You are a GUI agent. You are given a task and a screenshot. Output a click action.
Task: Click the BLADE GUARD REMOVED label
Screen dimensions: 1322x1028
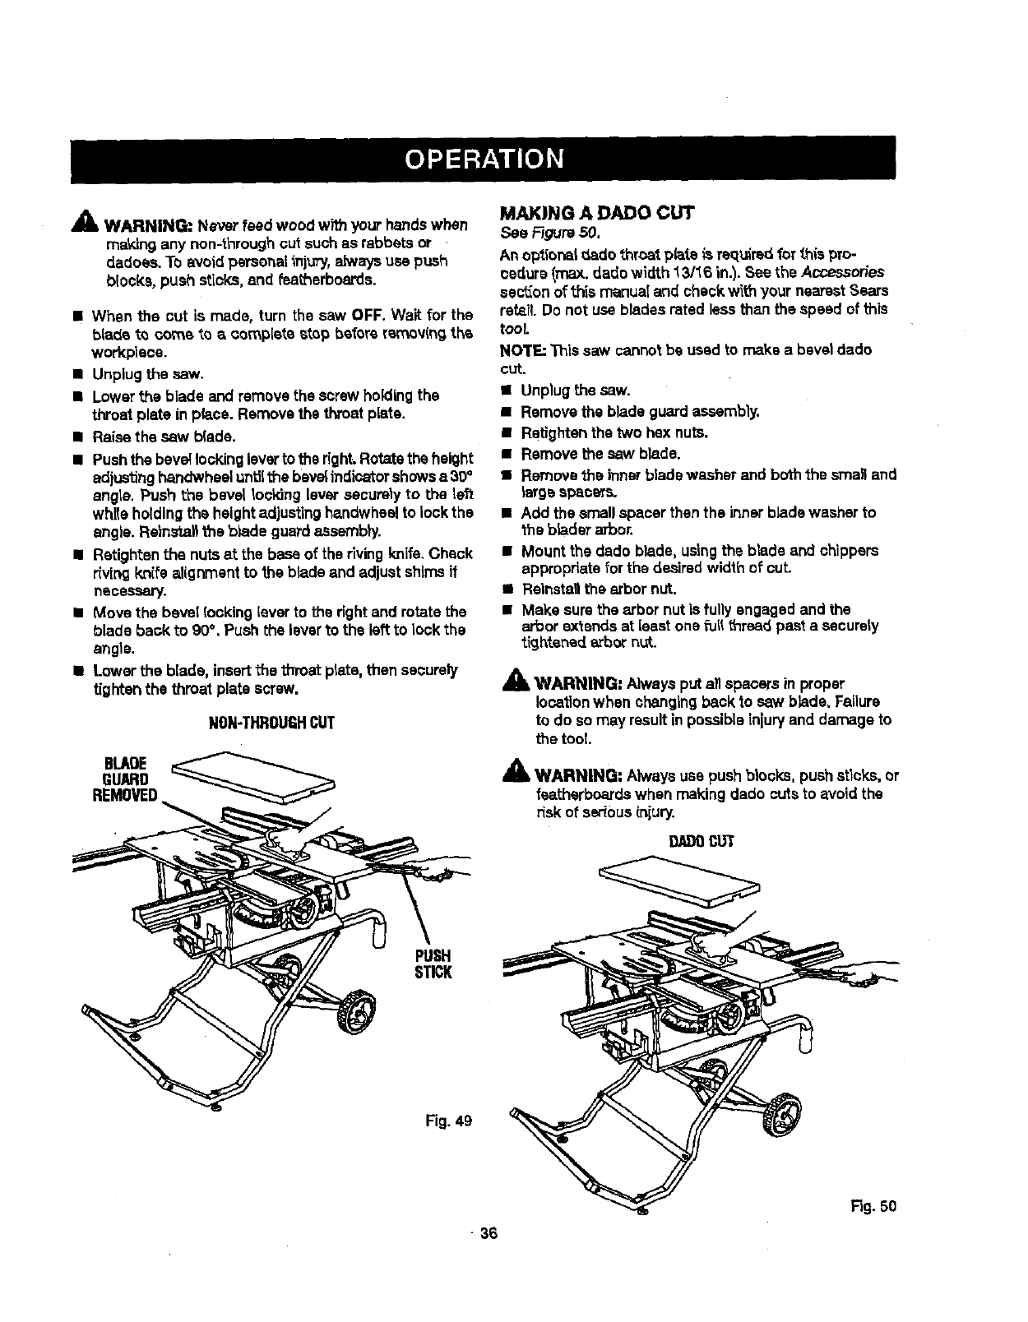(125, 779)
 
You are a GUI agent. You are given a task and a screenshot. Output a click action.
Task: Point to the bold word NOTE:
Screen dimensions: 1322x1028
(522, 349)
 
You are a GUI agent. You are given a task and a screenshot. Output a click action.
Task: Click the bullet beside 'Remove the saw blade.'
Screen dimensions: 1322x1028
(507, 454)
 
